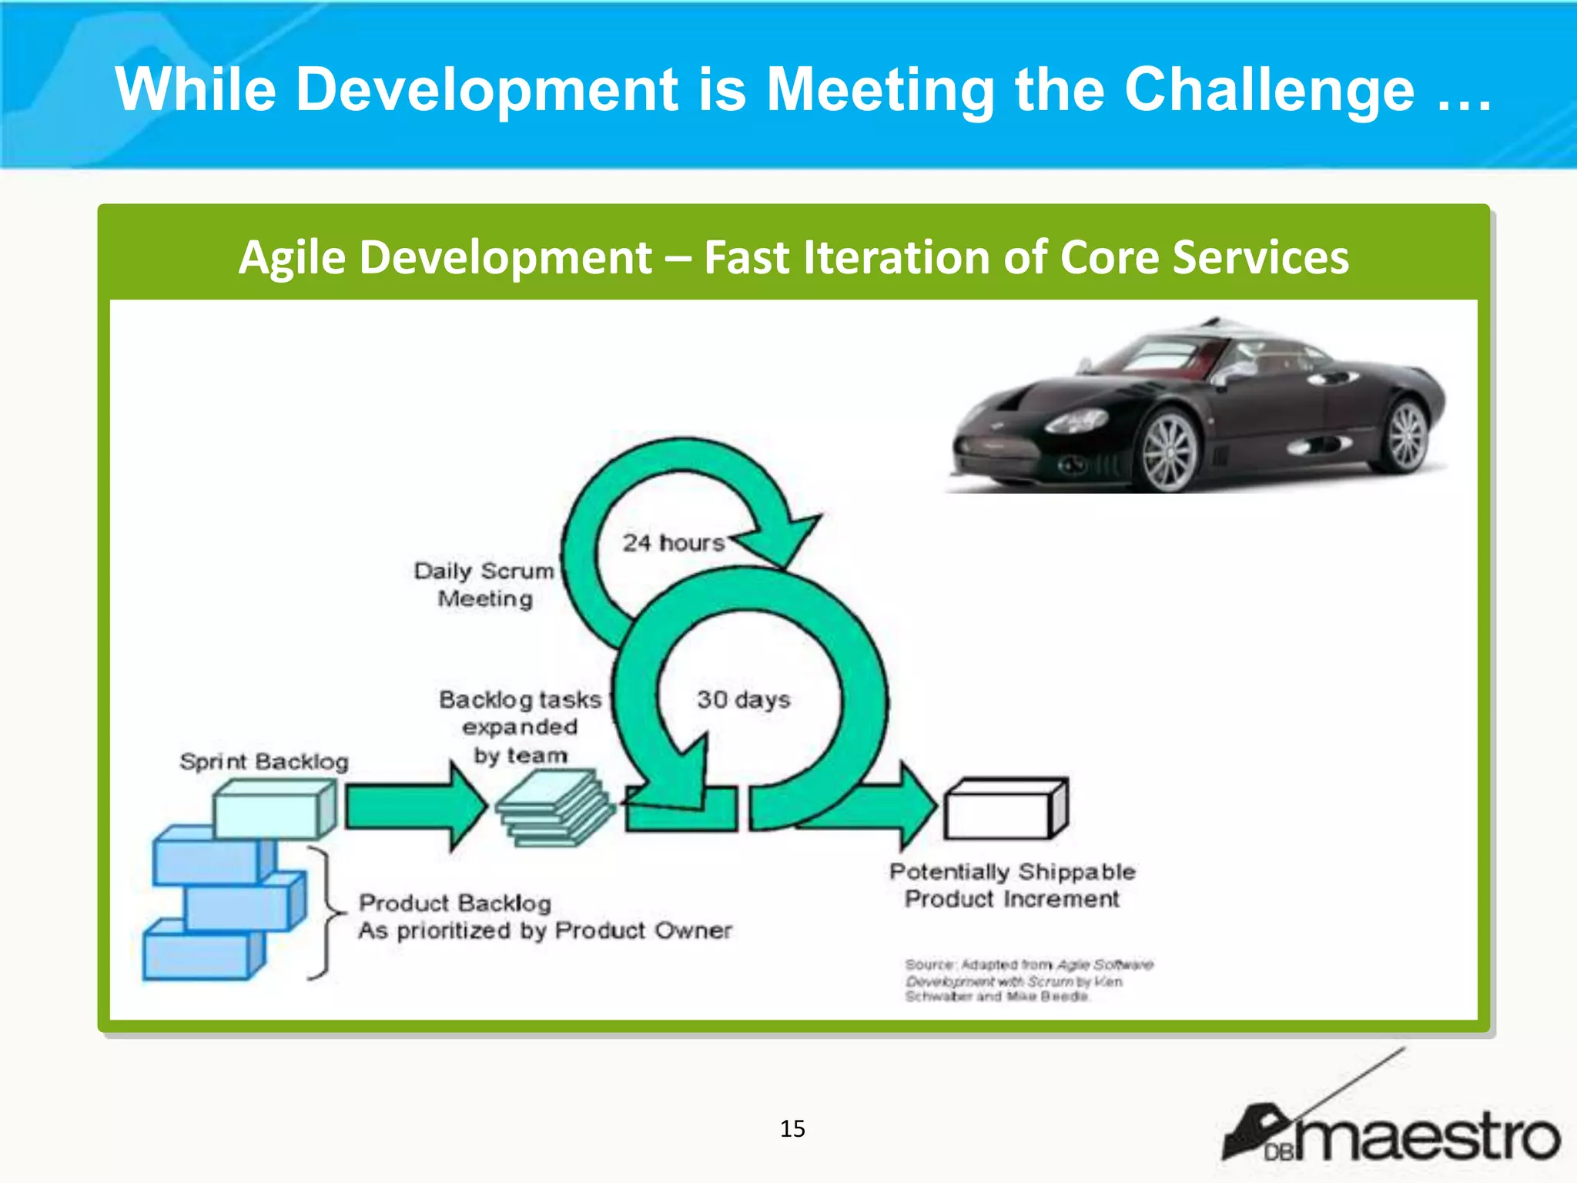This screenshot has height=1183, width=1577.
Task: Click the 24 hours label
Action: click(674, 543)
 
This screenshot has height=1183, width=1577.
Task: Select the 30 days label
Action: click(743, 699)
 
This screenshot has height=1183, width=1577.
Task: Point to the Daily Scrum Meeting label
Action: click(484, 585)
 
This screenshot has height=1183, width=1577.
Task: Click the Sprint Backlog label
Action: click(264, 762)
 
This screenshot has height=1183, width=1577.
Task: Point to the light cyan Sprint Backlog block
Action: click(270, 809)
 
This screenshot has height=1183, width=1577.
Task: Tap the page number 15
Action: click(792, 1129)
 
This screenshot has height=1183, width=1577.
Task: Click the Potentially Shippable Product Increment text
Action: click(1012, 886)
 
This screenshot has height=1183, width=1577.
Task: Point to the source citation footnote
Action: click(1028, 980)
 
